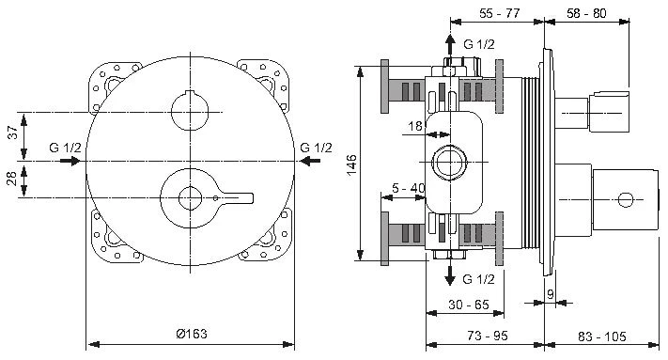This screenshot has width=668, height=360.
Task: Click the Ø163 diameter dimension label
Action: coord(192,333)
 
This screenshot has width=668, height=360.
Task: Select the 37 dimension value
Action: coord(13,132)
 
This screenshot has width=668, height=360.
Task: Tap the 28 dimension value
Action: coord(12,178)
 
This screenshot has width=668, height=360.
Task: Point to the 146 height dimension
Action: coord(352,164)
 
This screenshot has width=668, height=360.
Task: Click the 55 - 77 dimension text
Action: coord(499,13)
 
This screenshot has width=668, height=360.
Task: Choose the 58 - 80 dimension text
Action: coord(586,13)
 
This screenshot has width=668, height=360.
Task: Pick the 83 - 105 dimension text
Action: coord(601,337)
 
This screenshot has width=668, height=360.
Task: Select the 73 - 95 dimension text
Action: coord(488,336)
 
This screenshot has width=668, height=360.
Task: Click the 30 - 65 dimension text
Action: coord(469,305)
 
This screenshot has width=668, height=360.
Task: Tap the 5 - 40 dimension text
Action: coord(409,187)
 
